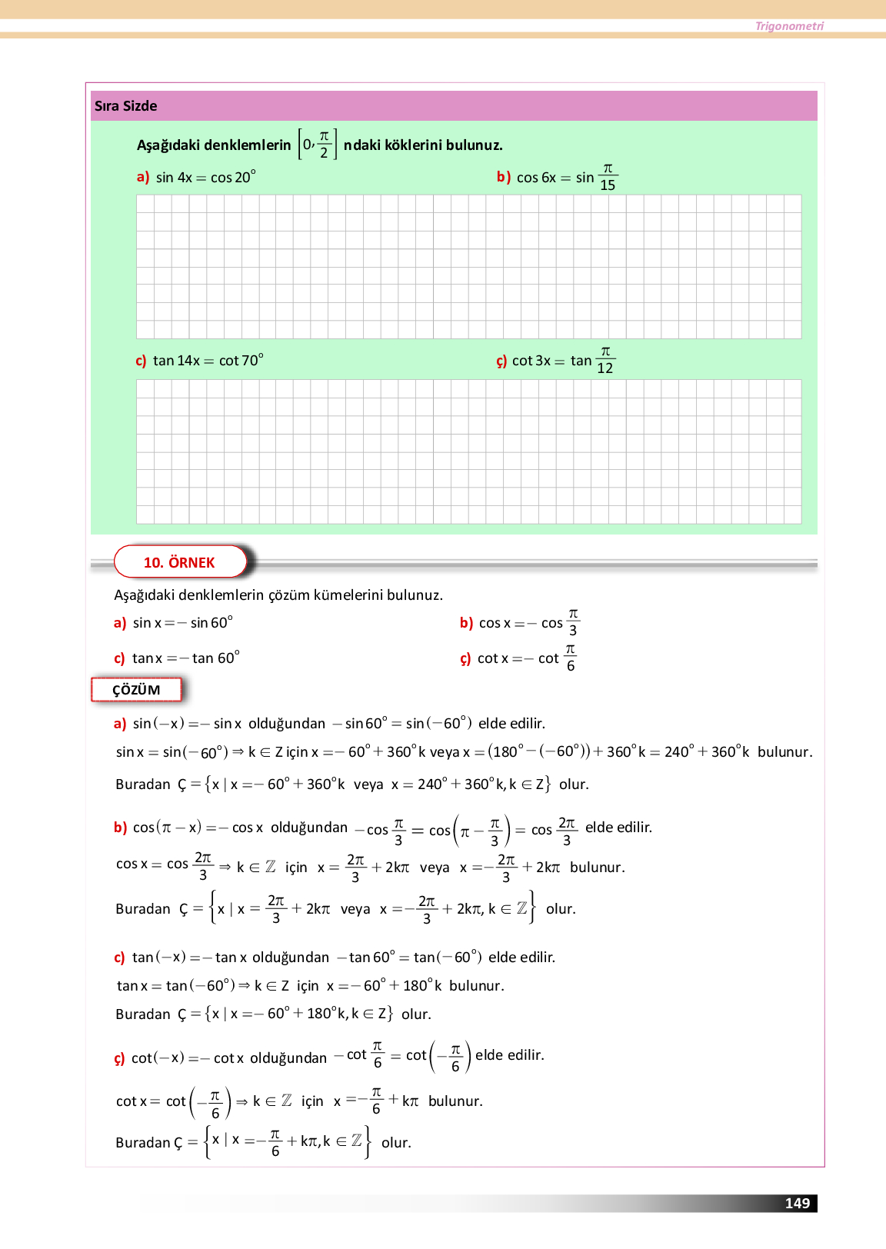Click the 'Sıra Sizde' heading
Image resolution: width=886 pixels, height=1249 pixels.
pyautogui.click(x=125, y=106)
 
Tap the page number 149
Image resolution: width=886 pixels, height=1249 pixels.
pyautogui.click(x=798, y=1204)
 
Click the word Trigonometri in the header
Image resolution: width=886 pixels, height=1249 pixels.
pyautogui.click(x=789, y=26)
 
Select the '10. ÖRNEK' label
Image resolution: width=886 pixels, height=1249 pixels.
pyautogui.click(x=179, y=562)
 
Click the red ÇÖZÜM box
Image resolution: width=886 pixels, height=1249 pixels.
pyautogui.click(x=136, y=690)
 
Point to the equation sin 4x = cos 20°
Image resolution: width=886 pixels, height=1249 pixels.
pyautogui.click(x=205, y=178)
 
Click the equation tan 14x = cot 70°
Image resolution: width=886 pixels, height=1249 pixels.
pyautogui.click(x=208, y=361)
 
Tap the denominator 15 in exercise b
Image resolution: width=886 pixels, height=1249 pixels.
pyautogui.click(x=608, y=185)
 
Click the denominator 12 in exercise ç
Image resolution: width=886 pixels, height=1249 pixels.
pyautogui.click(x=605, y=368)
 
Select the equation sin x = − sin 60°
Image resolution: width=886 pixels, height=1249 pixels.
pyautogui.click(x=182, y=623)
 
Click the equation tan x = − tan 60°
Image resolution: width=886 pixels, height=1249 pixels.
pyautogui.click(x=185, y=658)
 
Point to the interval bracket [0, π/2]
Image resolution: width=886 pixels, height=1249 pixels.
pyautogui.click(x=318, y=144)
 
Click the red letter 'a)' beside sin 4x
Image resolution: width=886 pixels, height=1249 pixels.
pyautogui.click(x=143, y=177)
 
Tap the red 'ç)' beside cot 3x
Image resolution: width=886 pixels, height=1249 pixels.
pyautogui.click(x=501, y=361)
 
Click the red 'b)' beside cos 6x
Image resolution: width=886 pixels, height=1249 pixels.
pyautogui.click(x=504, y=177)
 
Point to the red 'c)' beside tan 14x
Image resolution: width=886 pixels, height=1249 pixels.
pyautogui.click(x=141, y=361)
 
